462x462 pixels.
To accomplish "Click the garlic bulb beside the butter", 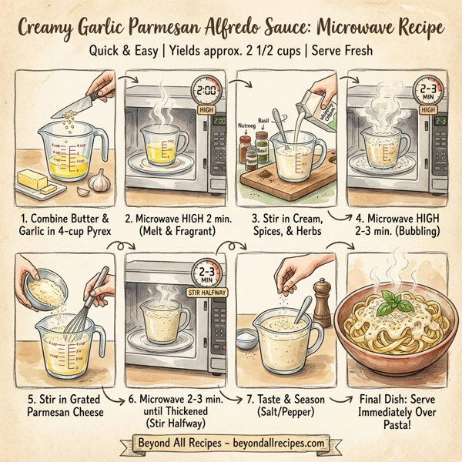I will coord(99,182).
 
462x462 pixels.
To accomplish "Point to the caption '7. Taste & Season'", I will coord(285,400).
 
